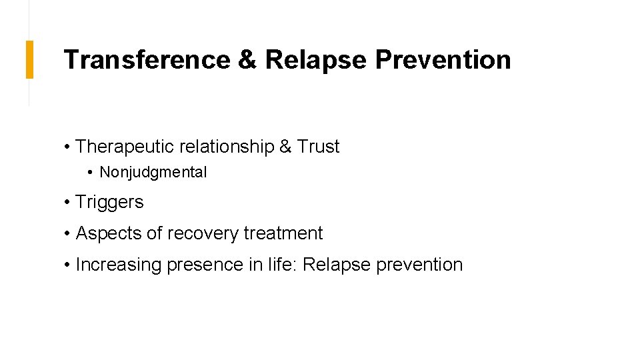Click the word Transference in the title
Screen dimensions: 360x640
146,60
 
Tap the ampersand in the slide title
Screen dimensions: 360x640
247,60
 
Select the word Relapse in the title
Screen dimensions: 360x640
316,60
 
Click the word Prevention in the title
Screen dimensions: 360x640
443,60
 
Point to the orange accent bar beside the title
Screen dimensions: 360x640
29,59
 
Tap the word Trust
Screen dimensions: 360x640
318,147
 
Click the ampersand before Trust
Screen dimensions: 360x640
285,147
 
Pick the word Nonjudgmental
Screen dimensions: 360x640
153,172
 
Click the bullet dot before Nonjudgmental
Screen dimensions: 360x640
91,173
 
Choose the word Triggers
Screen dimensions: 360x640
109,202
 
